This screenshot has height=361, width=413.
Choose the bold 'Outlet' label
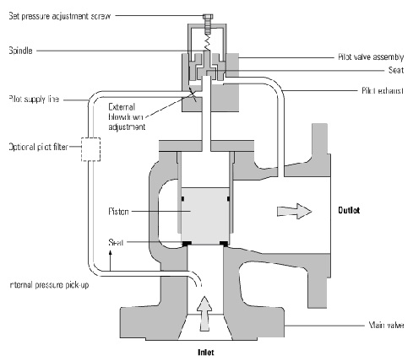tap(352, 209)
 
